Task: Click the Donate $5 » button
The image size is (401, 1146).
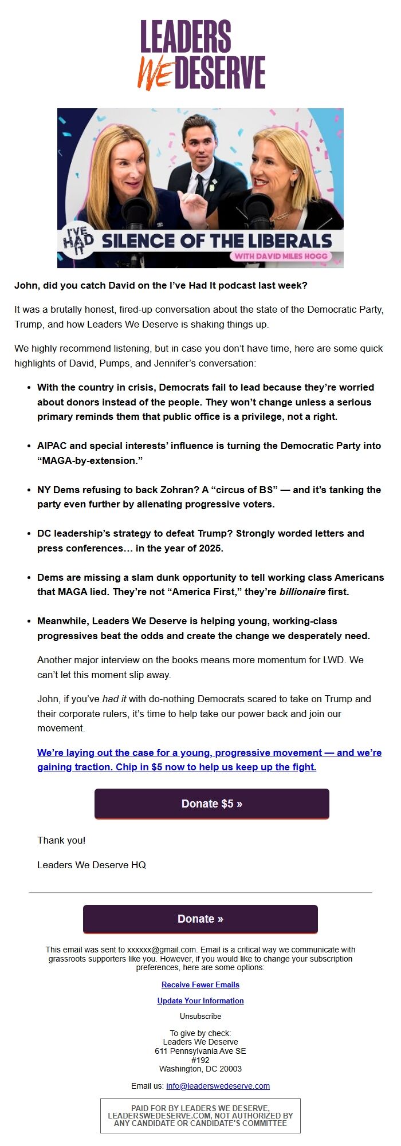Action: (211, 804)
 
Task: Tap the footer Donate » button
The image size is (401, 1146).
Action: (200, 919)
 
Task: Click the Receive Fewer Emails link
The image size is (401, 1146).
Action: (200, 984)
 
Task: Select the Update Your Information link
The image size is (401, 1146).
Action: (200, 1001)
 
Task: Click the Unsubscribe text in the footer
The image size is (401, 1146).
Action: (200, 1016)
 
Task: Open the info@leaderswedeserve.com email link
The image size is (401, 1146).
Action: (218, 1086)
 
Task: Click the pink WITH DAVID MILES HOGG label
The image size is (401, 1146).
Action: (280, 256)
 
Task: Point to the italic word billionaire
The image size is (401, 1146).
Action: (302, 592)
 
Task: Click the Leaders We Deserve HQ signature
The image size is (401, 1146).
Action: (92, 865)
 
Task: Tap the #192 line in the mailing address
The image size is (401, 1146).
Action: (200, 1060)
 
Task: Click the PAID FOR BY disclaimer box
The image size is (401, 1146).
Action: (200, 1116)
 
